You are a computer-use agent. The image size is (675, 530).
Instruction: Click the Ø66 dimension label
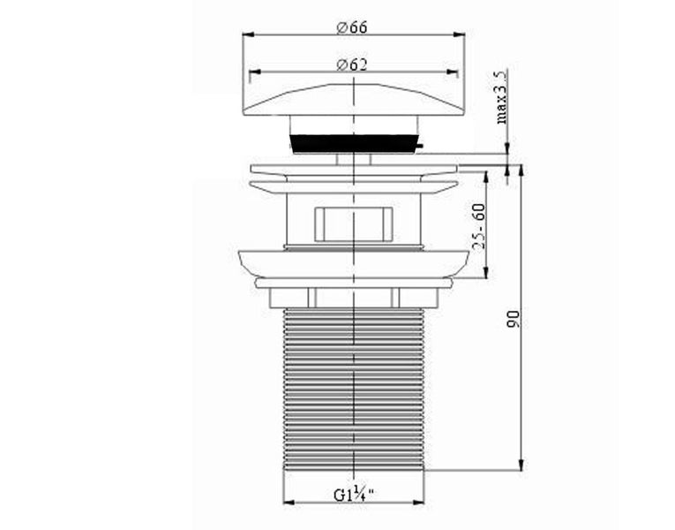pos(352,26)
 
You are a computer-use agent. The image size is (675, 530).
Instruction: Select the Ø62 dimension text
pos(352,64)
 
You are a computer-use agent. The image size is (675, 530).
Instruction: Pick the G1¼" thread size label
pos(353,496)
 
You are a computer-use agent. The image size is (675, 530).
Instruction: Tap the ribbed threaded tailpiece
pos(353,389)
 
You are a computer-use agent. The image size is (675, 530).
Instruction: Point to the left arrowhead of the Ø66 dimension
pos(247,35)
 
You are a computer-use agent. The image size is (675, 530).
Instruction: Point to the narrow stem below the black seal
pos(353,159)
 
